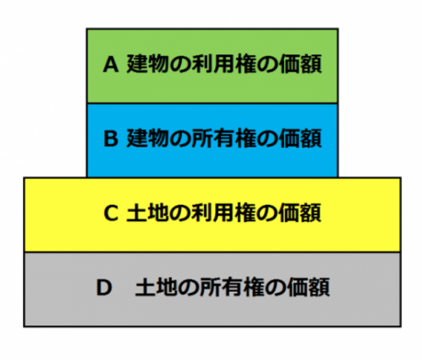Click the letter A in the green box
tap(110, 64)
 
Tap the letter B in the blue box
tap(111, 138)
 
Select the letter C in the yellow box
tap(111, 213)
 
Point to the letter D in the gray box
tap(104, 287)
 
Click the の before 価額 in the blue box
tap(268, 139)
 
